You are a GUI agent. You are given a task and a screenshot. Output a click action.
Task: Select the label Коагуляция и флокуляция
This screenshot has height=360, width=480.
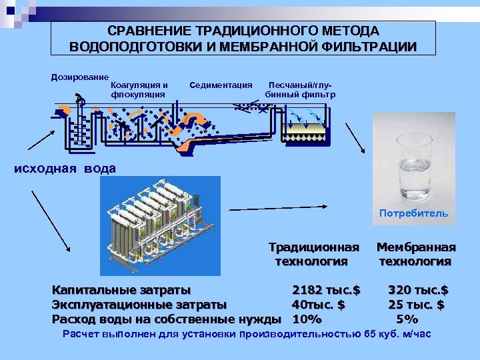click(x=138, y=89)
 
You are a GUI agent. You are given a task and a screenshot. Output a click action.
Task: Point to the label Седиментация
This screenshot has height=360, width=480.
click(x=221, y=85)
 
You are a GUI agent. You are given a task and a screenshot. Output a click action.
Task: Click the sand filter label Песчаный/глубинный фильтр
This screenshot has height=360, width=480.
click(x=300, y=89)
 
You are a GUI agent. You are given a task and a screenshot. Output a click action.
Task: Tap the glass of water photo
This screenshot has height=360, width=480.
click(x=411, y=164)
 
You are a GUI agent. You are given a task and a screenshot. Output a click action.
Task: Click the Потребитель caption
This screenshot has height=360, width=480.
click(x=413, y=214)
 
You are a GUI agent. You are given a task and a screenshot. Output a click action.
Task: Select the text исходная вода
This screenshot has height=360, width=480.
click(x=65, y=168)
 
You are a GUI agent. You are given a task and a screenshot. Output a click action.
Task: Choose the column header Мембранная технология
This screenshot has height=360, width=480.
click(x=416, y=254)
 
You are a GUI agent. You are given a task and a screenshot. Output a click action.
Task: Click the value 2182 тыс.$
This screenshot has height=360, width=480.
click(x=326, y=290)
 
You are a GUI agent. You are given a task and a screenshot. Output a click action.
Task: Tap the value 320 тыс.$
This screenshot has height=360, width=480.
click(x=419, y=290)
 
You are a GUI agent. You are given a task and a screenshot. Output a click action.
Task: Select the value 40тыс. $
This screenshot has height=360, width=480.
click(x=318, y=305)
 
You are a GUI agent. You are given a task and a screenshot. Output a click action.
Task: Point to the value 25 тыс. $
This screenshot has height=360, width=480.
click(x=417, y=305)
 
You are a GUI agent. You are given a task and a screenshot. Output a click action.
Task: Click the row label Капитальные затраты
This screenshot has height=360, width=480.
click(x=121, y=290)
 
